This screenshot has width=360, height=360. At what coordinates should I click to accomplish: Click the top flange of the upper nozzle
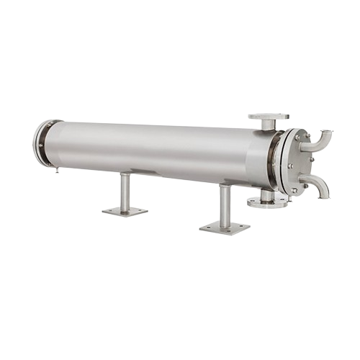pyautogui.click(x=269, y=116)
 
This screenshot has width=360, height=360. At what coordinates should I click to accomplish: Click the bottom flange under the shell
pyautogui.click(x=266, y=203)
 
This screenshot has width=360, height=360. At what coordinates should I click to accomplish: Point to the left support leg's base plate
pyautogui.click(x=125, y=211)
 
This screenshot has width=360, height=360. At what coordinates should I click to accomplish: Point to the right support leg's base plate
pyautogui.click(x=225, y=228)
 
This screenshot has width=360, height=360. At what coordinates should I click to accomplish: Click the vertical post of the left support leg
pyautogui.click(x=125, y=190)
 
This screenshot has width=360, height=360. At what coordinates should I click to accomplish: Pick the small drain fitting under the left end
pyautogui.click(x=55, y=171)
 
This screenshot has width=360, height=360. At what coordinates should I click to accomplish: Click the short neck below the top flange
pyautogui.click(x=269, y=125)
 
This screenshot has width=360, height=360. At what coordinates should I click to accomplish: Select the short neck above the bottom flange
pyautogui.click(x=266, y=195)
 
